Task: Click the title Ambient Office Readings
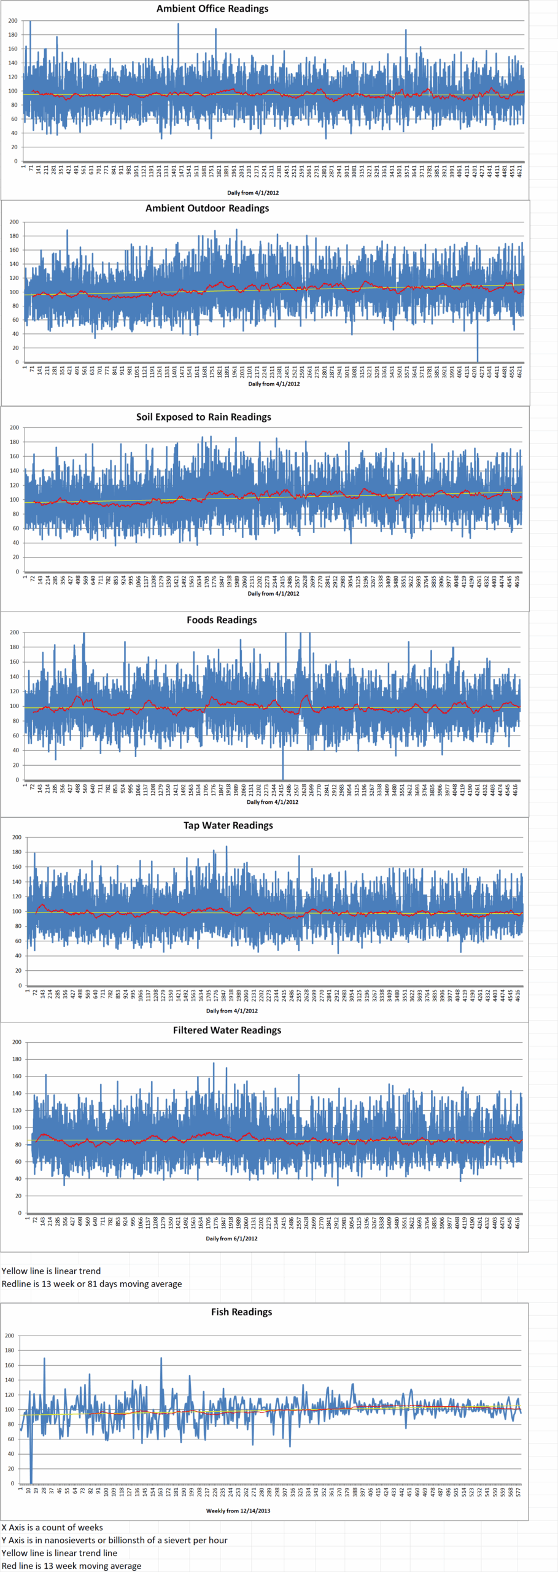(212, 9)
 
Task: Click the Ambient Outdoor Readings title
(207, 208)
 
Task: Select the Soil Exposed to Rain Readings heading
(204, 417)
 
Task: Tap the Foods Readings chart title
(222, 620)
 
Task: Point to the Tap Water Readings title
(228, 825)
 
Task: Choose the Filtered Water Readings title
(227, 1030)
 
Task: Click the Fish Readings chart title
(241, 1312)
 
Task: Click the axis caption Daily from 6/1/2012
(231, 1239)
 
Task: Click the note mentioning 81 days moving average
(91, 1284)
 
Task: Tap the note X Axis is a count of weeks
(52, 1527)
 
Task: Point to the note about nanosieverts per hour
(114, 1540)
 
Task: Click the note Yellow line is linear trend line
(59, 1553)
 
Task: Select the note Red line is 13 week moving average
(71, 1566)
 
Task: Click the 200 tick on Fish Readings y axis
(9, 1336)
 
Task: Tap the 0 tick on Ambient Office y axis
(16, 161)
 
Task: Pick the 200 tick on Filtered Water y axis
(17, 1043)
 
